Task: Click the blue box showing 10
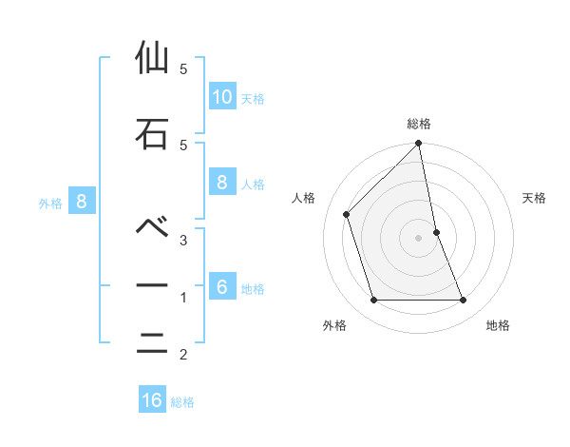(221, 97)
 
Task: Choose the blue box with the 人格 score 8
(221, 183)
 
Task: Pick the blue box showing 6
(221, 287)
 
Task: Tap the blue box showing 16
(152, 400)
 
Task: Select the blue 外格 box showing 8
(82, 202)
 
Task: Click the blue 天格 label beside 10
(253, 99)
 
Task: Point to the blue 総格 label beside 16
(182, 402)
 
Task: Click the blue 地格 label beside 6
(253, 289)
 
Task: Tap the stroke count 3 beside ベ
(182, 240)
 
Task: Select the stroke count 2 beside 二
(182, 356)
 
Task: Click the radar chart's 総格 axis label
(419, 124)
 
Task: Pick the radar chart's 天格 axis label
(534, 198)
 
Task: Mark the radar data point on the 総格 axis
(419, 145)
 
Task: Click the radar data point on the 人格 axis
(347, 214)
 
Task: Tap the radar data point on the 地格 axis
(464, 301)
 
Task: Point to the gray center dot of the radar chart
(419, 237)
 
